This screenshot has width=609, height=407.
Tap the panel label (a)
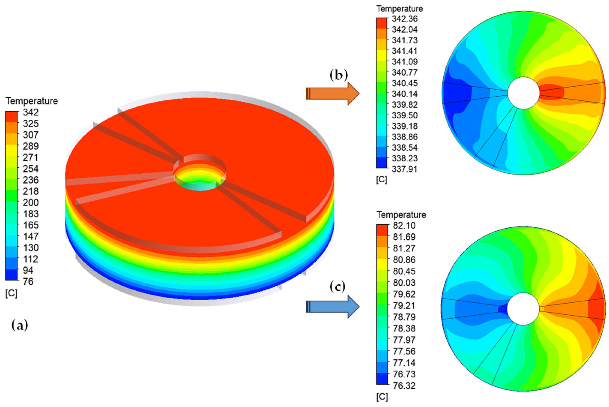[x=20, y=325]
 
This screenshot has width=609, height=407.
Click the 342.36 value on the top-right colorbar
[x=405, y=19]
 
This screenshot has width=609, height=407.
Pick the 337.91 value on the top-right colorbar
[x=405, y=169]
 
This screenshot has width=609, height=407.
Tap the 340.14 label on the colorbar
[x=405, y=94]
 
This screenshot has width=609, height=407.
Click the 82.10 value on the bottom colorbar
[x=404, y=225]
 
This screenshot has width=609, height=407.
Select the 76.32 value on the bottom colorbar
[x=404, y=385]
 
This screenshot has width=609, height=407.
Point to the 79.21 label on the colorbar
[x=404, y=305]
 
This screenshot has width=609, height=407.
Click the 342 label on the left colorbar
[x=31, y=112]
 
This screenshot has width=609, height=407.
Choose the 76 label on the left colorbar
[x=28, y=281]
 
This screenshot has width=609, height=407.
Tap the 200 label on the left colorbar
[x=31, y=203]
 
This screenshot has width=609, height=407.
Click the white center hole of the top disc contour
[x=524, y=93]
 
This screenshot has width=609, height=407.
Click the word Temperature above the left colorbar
[x=32, y=101]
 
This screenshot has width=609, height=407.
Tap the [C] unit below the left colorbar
[x=11, y=293]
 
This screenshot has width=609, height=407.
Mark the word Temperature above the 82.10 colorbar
[x=401, y=215]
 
